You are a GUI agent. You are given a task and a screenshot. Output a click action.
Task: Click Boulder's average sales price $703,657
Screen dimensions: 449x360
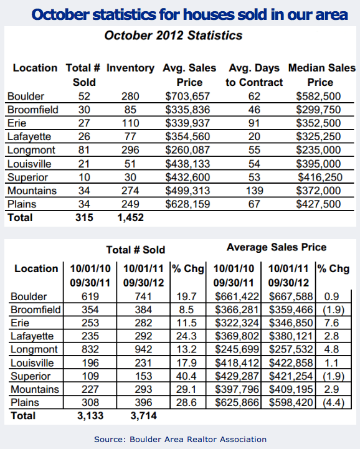pyautogui.click(x=187, y=96)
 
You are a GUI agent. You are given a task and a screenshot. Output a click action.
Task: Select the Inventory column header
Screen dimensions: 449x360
pyautogui.click(x=131, y=68)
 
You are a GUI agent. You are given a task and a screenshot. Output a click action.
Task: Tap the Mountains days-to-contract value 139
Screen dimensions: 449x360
pyautogui.click(x=253, y=191)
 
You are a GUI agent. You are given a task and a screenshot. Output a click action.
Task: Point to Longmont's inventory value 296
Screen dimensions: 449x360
pyautogui.click(x=131, y=150)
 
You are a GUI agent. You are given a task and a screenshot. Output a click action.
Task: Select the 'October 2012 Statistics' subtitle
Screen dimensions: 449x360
pyautogui.click(x=173, y=35)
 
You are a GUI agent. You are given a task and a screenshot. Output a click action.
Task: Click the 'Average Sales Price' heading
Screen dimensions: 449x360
pyautogui.click(x=277, y=247)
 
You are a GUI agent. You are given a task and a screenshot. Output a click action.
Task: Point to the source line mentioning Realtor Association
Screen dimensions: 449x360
pyautogui.click(x=180, y=439)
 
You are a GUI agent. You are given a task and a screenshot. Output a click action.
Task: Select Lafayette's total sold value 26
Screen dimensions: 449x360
pyautogui.click(x=84, y=136)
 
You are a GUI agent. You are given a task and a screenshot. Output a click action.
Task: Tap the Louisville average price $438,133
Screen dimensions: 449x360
pyautogui.click(x=187, y=164)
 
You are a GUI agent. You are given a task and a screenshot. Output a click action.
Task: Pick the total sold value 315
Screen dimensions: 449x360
pyautogui.click(x=84, y=218)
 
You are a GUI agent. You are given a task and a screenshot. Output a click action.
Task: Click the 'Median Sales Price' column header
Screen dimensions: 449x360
pyautogui.click(x=321, y=75)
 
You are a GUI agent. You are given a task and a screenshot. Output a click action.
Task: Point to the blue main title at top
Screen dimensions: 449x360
pyautogui.click(x=189, y=13)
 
